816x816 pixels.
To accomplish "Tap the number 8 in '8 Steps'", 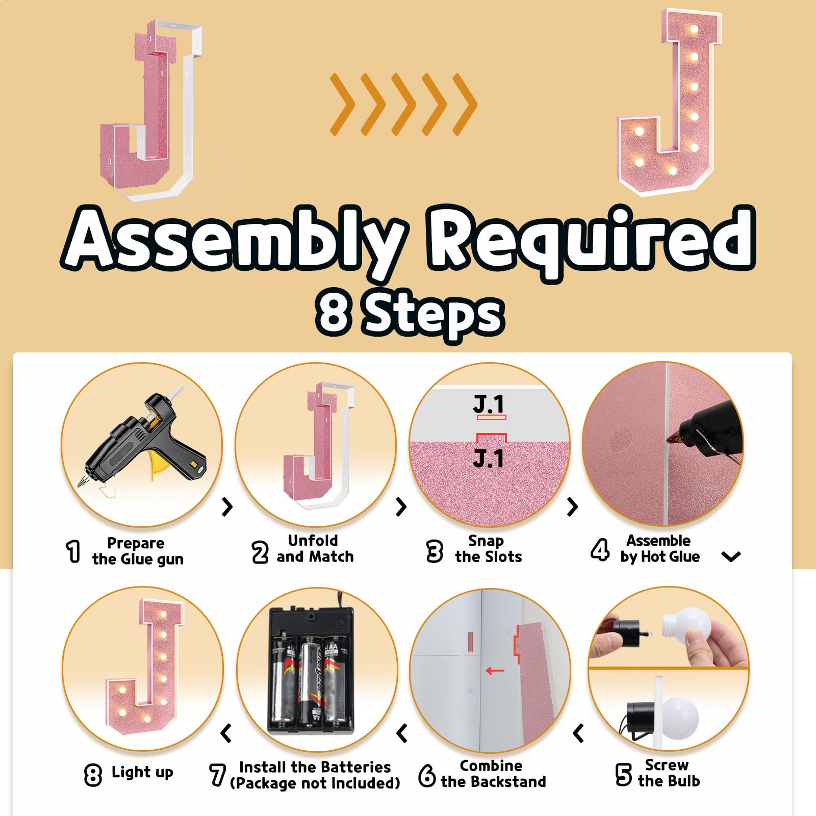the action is click(x=334, y=311).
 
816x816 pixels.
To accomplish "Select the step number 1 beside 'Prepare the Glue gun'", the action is click(x=74, y=551).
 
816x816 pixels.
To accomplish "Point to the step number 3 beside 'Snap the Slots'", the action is click(x=435, y=551).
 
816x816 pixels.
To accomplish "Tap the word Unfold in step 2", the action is click(x=313, y=540).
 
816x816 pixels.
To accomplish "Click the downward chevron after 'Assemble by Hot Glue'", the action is click(x=731, y=556).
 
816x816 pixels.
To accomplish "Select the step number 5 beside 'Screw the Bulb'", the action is click(x=623, y=774).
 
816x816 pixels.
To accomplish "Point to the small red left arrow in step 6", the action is click(x=495, y=671).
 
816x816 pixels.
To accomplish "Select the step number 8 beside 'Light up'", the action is click(x=93, y=775).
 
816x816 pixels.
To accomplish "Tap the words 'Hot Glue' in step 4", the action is click(x=670, y=556).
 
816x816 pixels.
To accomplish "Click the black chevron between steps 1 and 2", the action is click(x=227, y=506).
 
